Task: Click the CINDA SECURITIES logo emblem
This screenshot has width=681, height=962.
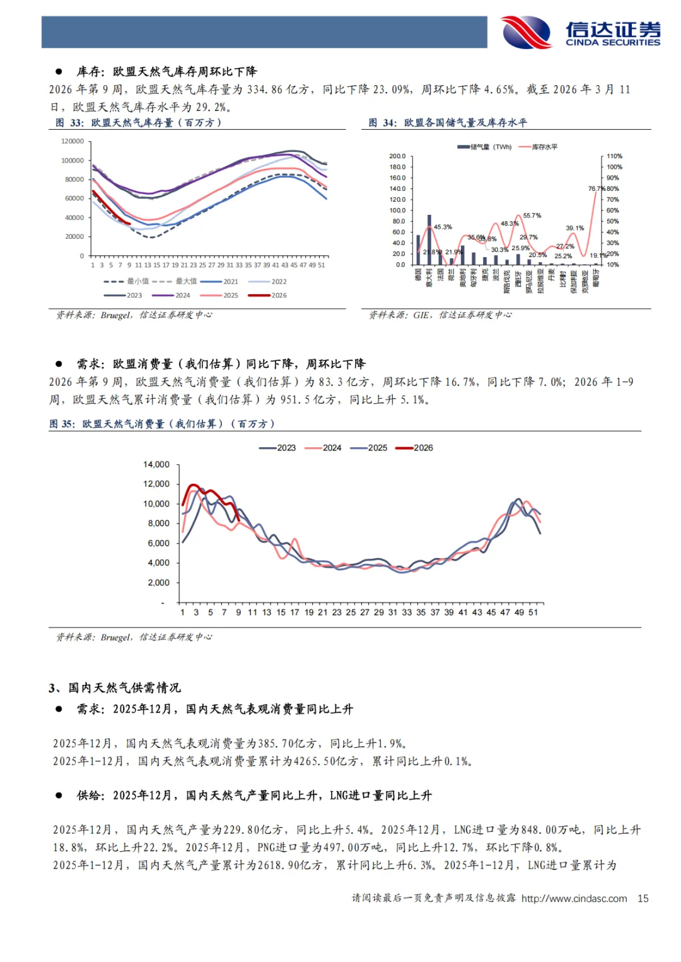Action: (525, 32)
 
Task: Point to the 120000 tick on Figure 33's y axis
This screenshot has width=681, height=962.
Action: (73, 141)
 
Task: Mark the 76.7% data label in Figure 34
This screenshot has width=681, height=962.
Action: (597, 188)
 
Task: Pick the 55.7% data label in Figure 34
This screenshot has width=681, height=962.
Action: (532, 215)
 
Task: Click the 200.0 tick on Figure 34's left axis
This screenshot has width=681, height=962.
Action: (397, 156)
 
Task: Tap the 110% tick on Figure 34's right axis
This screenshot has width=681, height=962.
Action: (614, 156)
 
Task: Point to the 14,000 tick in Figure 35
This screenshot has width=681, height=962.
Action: (156, 464)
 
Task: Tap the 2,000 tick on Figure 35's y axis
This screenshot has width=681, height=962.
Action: (158, 583)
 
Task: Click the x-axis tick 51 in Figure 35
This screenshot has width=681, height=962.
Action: (533, 612)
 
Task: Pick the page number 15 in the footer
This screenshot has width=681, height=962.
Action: (643, 898)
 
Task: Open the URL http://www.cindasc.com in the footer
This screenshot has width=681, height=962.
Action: (574, 898)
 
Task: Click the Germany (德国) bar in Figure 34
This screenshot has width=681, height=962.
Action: (418, 249)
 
